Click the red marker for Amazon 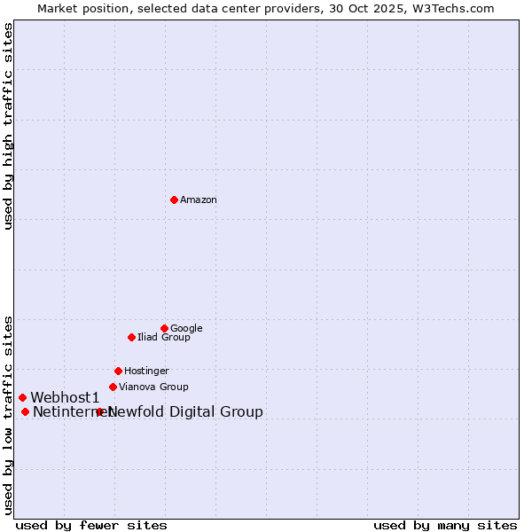click(x=174, y=199)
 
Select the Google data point click(x=164, y=328)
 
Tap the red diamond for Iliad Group click(x=131, y=337)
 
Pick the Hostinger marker click(x=118, y=371)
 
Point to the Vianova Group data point click(x=113, y=387)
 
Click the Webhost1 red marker click(x=22, y=397)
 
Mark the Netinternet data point click(x=25, y=411)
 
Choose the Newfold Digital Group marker click(x=99, y=411)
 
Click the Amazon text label click(x=199, y=200)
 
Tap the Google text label click(x=186, y=329)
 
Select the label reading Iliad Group click(x=164, y=338)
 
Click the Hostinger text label click(x=146, y=372)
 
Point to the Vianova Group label click(x=153, y=387)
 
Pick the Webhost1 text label click(x=65, y=398)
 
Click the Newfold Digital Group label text click(x=185, y=412)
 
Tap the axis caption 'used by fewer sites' click(x=91, y=525)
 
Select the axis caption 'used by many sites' click(x=445, y=525)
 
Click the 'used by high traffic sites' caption click(x=8, y=126)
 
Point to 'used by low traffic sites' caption click(x=8, y=415)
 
